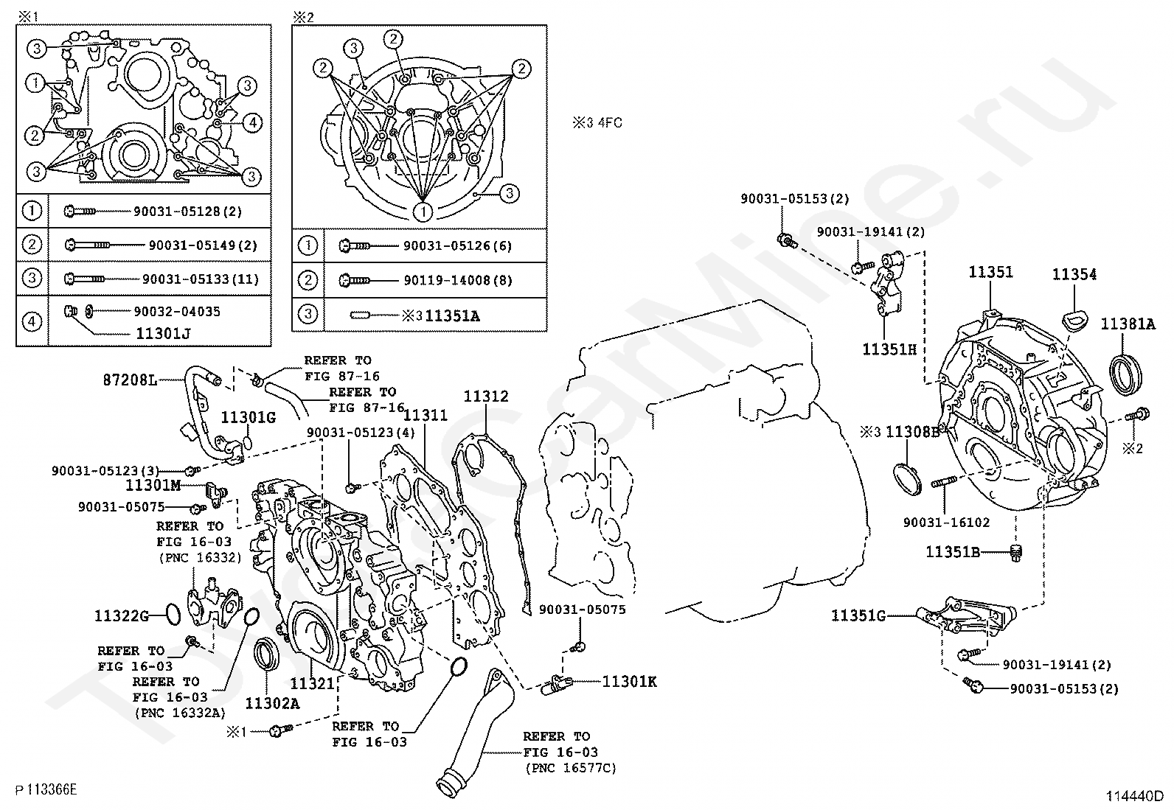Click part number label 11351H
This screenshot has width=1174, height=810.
coord(889,349)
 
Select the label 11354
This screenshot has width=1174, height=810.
coord(1074,275)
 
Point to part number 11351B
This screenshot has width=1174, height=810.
coord(953,551)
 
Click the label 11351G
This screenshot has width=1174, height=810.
coord(858,615)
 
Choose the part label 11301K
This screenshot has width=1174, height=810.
coord(629,682)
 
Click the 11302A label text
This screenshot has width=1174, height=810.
coord(272,703)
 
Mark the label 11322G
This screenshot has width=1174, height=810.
coord(122,615)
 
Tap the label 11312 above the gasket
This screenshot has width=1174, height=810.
coord(485,397)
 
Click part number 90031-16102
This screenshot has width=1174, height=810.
coord(946,522)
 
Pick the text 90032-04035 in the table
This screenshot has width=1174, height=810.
coord(176,311)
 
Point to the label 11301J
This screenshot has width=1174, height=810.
coord(162,333)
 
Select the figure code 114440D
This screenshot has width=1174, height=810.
coord(1133,796)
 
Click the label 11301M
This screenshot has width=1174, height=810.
coord(153,485)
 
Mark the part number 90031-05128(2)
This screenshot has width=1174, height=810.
coord(187,212)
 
